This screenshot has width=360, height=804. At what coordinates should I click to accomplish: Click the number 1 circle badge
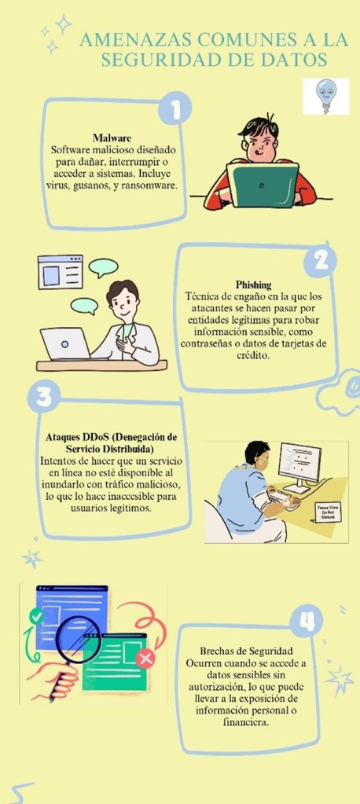pyautogui.click(x=174, y=108)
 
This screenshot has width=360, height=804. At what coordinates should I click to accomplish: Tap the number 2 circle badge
pyautogui.click(x=320, y=261)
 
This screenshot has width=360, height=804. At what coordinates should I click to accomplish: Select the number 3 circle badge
pyautogui.click(x=44, y=396)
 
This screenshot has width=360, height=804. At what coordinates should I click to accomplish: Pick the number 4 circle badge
pyautogui.click(x=306, y=621)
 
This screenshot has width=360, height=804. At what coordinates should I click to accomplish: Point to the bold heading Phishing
pyautogui.click(x=253, y=285)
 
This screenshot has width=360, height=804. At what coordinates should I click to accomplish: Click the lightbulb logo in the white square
pyautogui.click(x=325, y=96)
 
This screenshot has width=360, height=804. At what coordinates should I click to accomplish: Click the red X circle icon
pyautogui.click(x=145, y=658)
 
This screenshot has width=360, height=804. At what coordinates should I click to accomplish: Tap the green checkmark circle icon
pyautogui.click(x=36, y=616)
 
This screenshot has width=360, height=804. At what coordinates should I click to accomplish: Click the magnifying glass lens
pyautogui.click(x=79, y=638)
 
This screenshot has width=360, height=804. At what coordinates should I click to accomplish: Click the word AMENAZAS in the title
pyautogui.click(x=135, y=39)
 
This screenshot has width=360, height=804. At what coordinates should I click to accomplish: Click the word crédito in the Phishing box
pyautogui.click(x=253, y=356)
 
